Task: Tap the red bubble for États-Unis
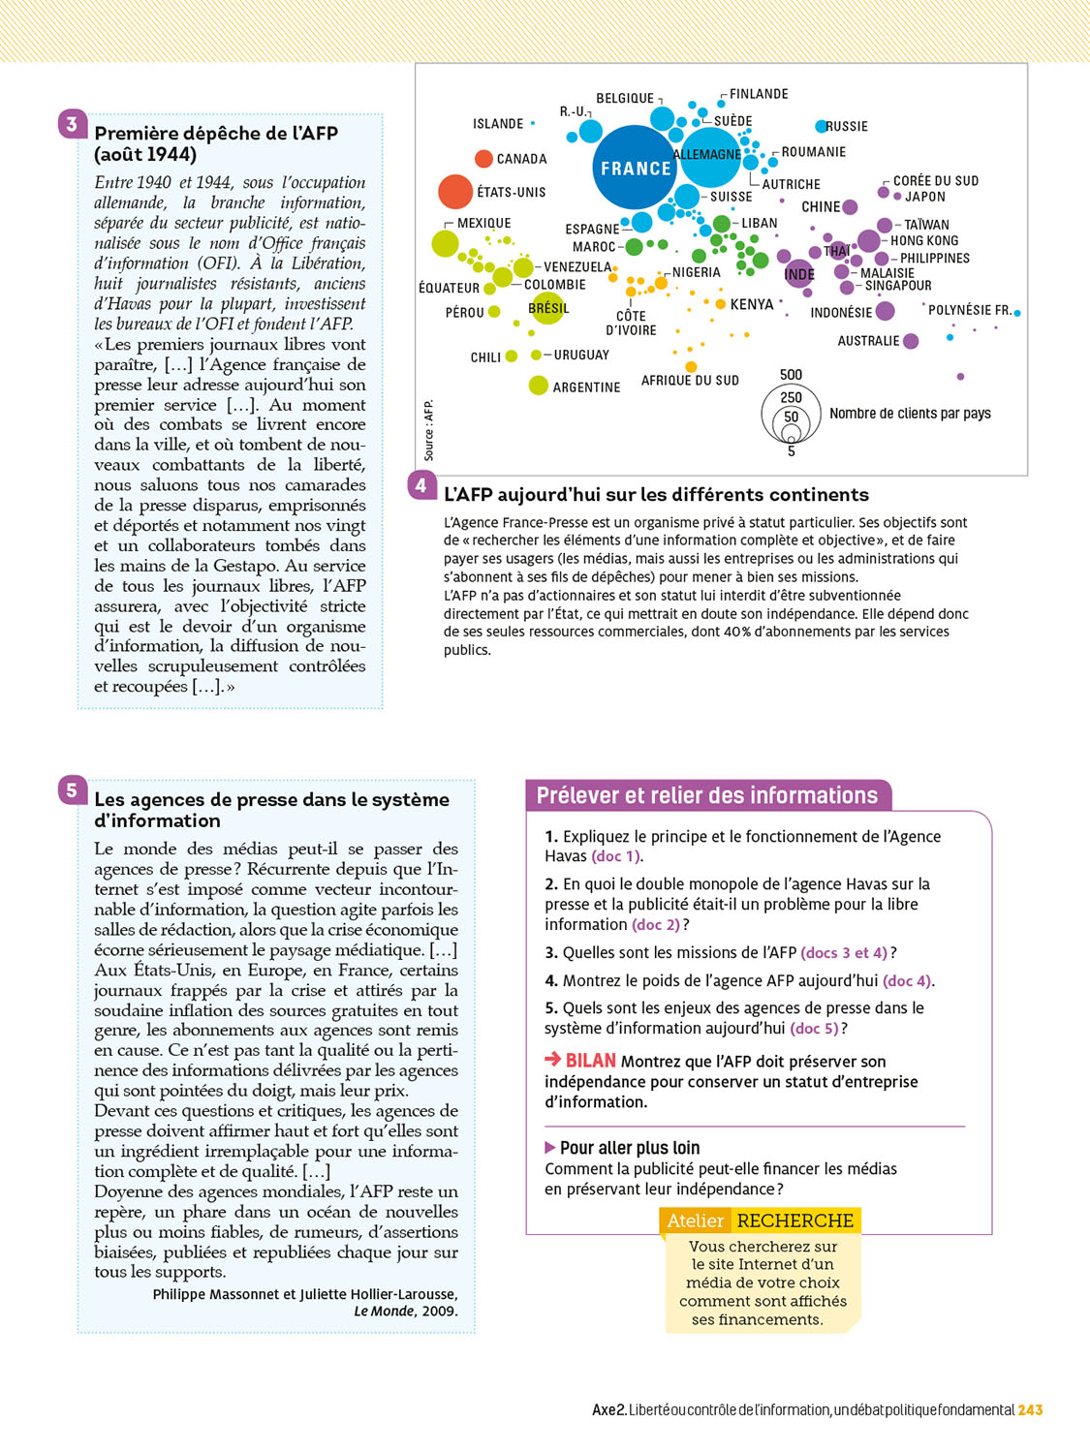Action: [x=454, y=192]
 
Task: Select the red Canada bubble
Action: [x=483, y=158]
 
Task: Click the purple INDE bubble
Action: [x=799, y=274]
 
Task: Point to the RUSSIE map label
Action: [x=847, y=127]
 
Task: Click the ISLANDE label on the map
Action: [x=498, y=124]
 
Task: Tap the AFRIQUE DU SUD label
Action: [x=690, y=381]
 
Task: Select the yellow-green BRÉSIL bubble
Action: [x=547, y=308]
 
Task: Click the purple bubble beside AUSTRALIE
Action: [x=911, y=341]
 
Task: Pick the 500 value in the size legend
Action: [x=791, y=375]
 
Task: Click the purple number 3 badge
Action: [x=72, y=124]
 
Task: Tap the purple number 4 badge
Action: [x=421, y=485]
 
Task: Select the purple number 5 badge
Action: [x=72, y=790]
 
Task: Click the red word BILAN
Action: [x=590, y=1061]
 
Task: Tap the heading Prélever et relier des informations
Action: [x=707, y=795]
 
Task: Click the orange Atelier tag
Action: [x=695, y=1221]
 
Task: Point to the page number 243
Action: [x=1030, y=1410]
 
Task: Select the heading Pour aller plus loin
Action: [x=630, y=1148]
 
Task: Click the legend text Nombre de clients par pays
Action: [x=910, y=414]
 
